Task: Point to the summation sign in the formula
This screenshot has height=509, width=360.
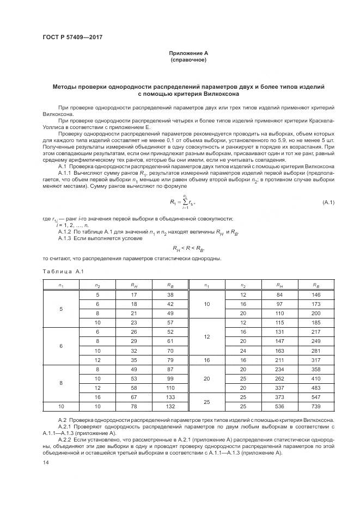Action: (x=184, y=203)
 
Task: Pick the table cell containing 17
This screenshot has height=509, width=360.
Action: (x=133, y=295)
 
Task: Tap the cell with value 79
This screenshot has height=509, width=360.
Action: (x=170, y=359)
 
